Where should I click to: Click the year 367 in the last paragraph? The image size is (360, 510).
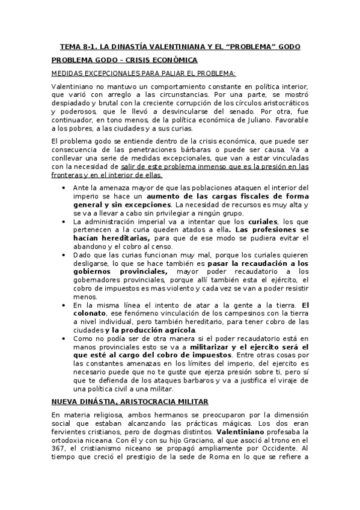pyautogui.click(x=58, y=449)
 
